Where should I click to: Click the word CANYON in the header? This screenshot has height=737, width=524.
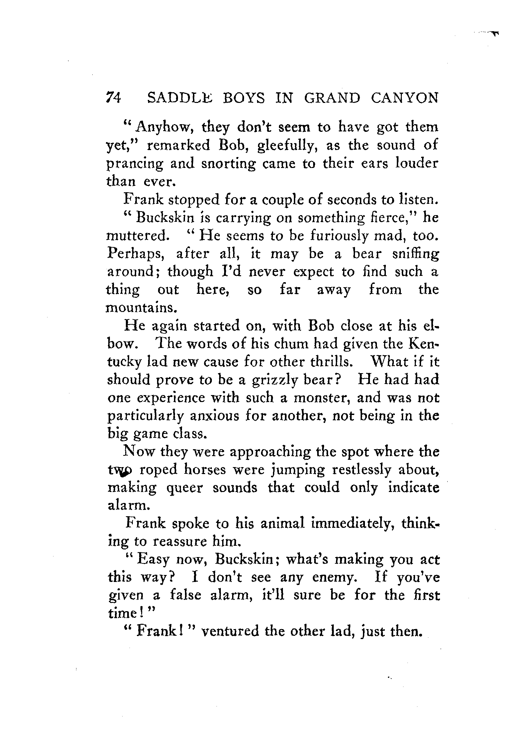pos(405,98)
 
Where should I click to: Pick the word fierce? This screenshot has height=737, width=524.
pos(399,218)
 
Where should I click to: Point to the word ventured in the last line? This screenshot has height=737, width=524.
pos(230,631)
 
